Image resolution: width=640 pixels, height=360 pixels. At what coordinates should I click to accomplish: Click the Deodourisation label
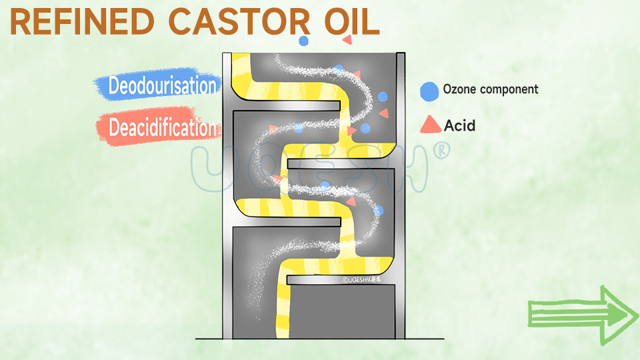(x=162, y=85)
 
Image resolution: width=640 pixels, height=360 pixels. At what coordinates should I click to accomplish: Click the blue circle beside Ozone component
(x=430, y=90)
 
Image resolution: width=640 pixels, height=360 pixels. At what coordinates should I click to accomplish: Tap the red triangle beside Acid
(x=431, y=124)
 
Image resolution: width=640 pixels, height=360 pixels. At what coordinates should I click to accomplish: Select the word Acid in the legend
(x=460, y=125)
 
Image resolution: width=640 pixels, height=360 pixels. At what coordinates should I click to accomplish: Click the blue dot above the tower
(x=304, y=41)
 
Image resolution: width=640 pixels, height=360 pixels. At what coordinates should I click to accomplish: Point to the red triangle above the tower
(x=347, y=40)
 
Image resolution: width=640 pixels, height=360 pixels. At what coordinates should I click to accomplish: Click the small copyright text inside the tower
(x=366, y=280)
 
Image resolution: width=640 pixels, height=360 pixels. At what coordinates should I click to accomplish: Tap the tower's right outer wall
(x=401, y=200)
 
